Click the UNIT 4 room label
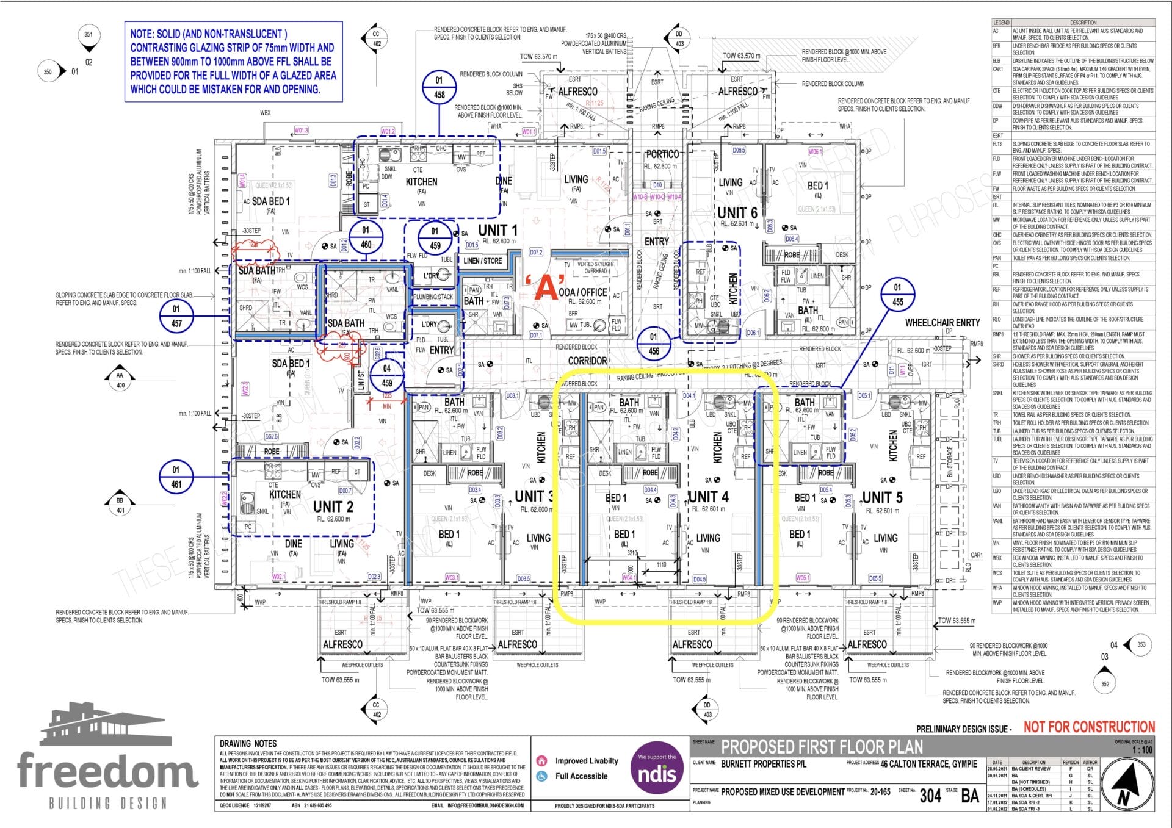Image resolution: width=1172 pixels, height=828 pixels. tap(708, 496)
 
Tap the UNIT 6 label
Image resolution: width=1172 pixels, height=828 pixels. tap(737, 212)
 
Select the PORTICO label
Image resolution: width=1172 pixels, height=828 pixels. tap(662, 154)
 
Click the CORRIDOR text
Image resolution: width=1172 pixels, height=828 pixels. tap(587, 361)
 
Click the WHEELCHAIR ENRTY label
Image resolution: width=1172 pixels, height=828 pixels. tap(942, 322)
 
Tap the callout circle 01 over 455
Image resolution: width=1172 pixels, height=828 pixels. tap(897, 294)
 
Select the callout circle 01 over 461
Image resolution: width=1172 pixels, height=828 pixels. tap(176, 477)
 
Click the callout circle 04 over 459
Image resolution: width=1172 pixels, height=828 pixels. tap(386, 375)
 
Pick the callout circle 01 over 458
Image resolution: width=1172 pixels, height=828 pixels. tap(439, 87)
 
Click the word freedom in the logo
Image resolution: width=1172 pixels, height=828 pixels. tap(107, 771)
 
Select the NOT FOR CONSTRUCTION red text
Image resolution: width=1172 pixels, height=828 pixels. tap(1089, 727)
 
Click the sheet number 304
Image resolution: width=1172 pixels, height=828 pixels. tap(930, 795)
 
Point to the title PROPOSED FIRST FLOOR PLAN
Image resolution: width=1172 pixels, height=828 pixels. tap(822, 747)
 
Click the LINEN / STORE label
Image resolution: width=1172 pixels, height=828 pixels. tap(482, 261)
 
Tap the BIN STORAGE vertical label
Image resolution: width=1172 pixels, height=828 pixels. tap(950, 461)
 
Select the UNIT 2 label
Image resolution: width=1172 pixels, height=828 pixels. tap(333, 506)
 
